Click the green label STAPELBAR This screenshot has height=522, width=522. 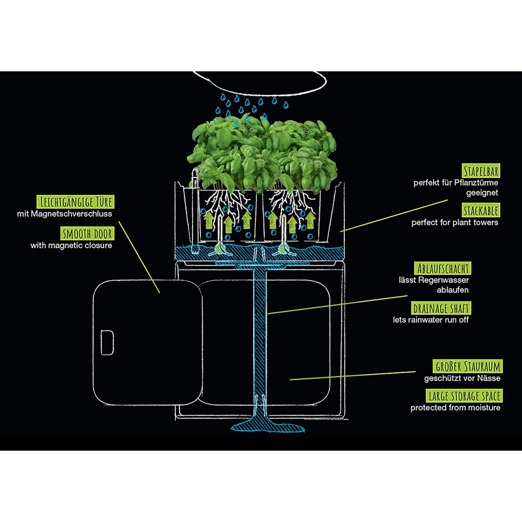481,171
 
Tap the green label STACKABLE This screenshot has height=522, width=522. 481,211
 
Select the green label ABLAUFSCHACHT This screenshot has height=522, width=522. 443,269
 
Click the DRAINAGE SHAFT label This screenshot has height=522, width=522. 441,308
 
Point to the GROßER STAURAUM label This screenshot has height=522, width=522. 467,366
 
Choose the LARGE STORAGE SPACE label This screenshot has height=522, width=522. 464,396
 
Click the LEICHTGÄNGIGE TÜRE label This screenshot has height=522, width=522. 76,202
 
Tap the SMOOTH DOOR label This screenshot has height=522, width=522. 87,234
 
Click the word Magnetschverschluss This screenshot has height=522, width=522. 71,214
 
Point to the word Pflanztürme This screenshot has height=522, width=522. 476,183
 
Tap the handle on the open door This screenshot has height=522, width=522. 107,342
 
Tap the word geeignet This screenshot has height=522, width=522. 482,192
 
